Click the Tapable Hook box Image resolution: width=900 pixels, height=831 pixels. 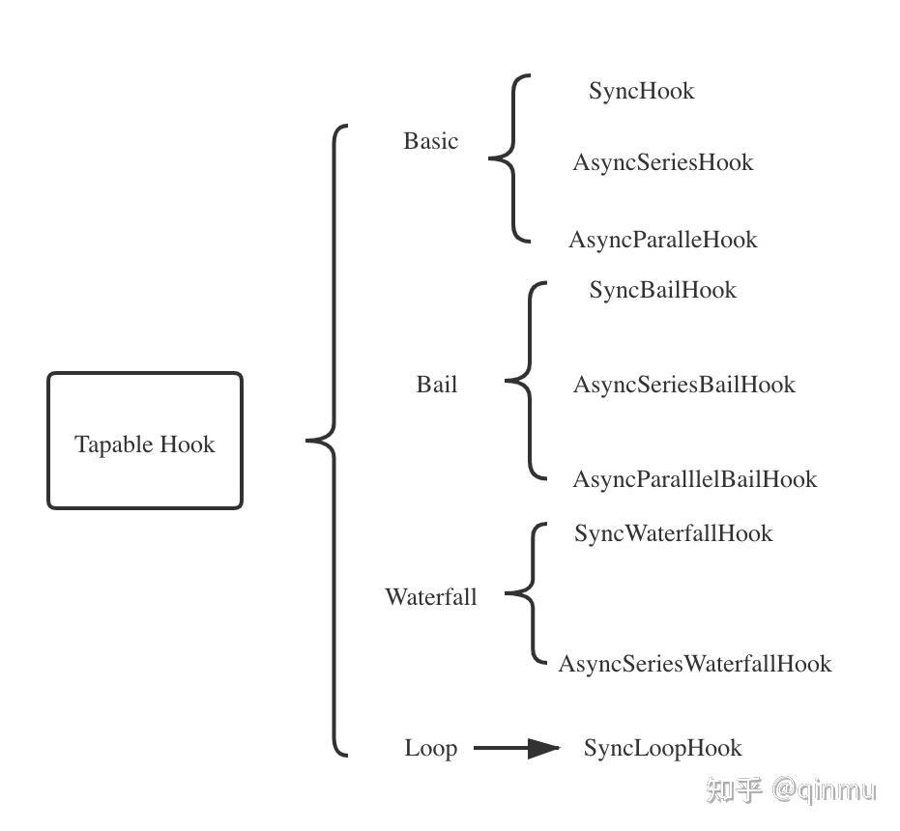145,441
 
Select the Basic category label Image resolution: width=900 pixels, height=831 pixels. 431,141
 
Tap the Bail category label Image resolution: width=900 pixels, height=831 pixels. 437,385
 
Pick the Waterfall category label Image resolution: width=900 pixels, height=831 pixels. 431,597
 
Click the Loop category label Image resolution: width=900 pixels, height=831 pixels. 430,748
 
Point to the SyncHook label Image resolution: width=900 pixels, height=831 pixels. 642,91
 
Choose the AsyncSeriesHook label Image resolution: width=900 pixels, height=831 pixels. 662,162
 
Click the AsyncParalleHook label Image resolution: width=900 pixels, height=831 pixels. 662,240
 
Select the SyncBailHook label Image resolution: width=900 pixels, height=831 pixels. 662,291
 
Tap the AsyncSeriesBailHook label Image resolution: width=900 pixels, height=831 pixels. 683,385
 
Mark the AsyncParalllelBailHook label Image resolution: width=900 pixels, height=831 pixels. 694,479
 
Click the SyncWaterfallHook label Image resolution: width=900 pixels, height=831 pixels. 673,533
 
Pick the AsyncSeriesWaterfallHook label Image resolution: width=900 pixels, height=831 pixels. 694,664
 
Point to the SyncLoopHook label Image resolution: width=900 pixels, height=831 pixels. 662,748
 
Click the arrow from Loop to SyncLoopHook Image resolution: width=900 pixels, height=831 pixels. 516,748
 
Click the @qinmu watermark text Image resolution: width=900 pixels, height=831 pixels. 824,790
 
